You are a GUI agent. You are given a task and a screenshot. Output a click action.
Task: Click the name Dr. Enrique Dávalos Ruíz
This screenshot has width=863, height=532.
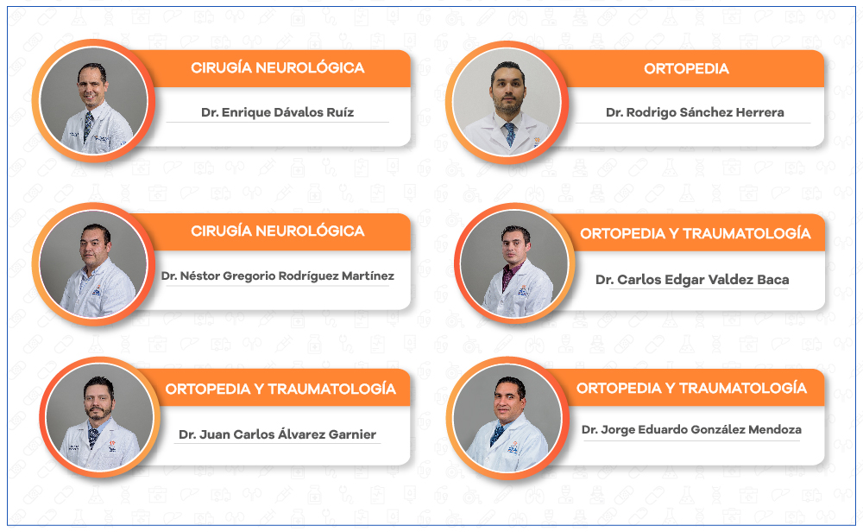tap(277, 112)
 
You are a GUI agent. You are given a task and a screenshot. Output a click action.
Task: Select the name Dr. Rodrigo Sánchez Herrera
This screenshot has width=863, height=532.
tap(695, 112)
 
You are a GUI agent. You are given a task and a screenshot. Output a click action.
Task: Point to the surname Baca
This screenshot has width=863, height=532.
tap(772, 280)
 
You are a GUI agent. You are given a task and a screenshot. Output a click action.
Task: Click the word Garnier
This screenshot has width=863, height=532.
tap(352, 434)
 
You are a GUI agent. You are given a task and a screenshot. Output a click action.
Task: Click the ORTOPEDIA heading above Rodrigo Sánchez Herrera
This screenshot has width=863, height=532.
tap(686, 69)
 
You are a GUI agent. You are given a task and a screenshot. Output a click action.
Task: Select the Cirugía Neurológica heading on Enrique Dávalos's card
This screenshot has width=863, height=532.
tap(277, 67)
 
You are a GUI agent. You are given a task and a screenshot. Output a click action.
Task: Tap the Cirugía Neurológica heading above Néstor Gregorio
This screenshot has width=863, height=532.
tap(277, 231)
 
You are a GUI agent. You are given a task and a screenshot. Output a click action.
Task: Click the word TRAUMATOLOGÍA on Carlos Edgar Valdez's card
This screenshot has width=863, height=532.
tap(746, 233)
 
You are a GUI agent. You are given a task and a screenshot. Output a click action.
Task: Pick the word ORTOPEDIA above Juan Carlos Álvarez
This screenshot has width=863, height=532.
tap(208, 389)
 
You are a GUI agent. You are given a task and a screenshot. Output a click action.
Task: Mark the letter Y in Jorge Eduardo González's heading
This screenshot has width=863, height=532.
tap(670, 389)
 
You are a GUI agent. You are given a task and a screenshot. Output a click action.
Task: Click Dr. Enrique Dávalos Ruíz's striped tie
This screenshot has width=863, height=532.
tap(87, 125)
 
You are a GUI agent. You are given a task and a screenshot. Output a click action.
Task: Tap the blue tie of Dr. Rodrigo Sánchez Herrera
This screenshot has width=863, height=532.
tap(510, 134)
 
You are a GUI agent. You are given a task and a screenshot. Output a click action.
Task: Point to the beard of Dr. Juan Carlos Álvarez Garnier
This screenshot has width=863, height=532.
tap(98, 411)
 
